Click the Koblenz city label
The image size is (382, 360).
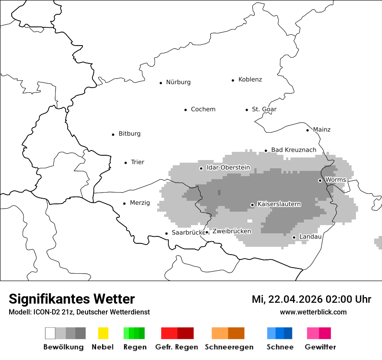coord(250,79)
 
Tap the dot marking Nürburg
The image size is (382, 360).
coord(161,82)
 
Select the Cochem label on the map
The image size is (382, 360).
coord(203,109)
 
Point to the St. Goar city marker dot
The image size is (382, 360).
coord(247,110)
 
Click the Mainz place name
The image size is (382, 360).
coord(322,129)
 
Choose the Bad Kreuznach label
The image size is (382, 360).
coord(293,150)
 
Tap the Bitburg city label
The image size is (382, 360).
coord(129,134)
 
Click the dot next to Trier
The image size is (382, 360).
coord(125,163)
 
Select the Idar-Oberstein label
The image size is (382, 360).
coord(228,167)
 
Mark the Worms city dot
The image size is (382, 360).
coord(320,180)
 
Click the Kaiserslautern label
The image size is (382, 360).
coord(279,204)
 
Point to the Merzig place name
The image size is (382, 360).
coord(140,203)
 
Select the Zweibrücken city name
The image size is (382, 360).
coord(231,231)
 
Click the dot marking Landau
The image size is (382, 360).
coord(294,237)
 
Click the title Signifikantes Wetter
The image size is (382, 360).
coord(72,299)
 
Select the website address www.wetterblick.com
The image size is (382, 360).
coord(313,312)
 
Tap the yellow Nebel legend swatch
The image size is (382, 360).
coord(103,333)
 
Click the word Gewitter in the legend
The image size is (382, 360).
coord(320,347)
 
